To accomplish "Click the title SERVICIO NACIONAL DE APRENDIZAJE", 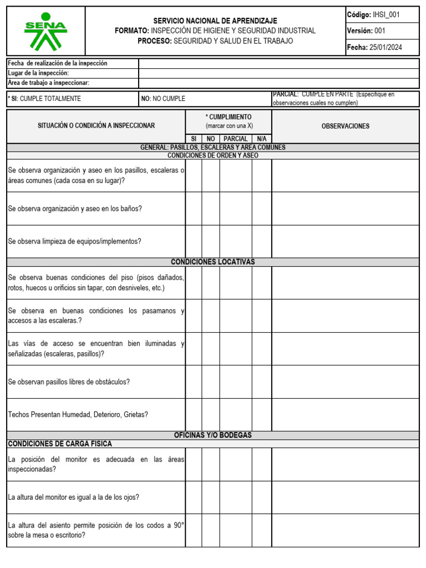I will (215, 21).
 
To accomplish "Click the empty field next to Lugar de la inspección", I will (278, 73).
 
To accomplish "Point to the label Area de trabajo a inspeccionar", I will (49, 83).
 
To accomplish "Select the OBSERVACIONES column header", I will (345, 126).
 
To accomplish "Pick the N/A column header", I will (261, 139).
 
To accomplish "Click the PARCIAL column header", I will (236, 139).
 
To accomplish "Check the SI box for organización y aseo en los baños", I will (194, 209).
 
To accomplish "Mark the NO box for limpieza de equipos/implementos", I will (210, 241).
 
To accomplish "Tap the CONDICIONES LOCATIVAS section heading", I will (213, 262).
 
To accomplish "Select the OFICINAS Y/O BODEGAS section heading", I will (213, 435).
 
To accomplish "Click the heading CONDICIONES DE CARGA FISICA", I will (60, 444).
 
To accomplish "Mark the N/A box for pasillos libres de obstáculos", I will (261, 382).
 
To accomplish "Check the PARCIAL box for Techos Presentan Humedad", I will (236, 414).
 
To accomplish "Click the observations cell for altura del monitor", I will (345, 497).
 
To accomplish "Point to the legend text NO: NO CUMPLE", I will (164, 99).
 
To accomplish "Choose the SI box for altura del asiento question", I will (194, 530).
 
